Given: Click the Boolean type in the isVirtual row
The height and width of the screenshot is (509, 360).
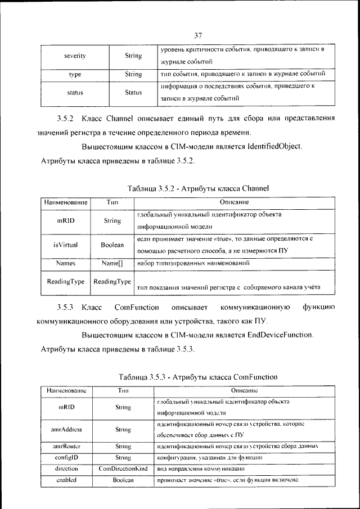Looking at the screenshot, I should coord(112,245).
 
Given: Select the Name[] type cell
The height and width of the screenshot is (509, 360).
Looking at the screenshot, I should coord(112,263).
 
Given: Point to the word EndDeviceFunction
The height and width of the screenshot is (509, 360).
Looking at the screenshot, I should coord(280,335).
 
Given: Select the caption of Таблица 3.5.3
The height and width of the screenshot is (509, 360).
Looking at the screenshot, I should coord(198,376).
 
